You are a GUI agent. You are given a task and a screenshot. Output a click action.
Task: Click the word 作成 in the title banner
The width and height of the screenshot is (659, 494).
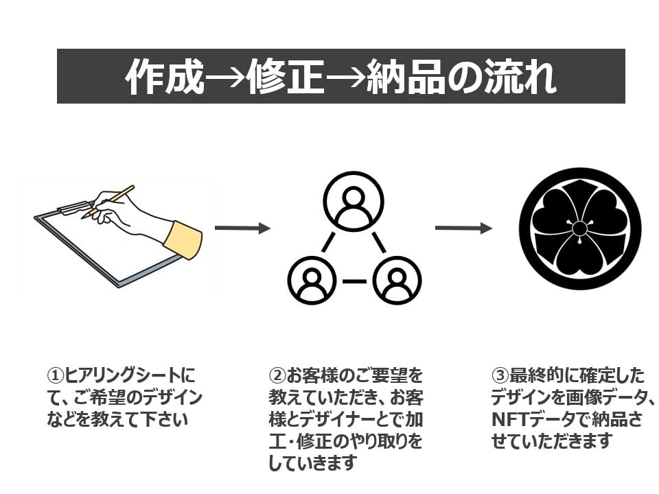pyautogui.click(x=164, y=77)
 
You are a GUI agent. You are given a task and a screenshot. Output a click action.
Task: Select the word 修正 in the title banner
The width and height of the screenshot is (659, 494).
pyautogui.click(x=286, y=77)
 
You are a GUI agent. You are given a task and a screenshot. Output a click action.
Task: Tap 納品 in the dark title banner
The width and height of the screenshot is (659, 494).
pyautogui.click(x=406, y=77)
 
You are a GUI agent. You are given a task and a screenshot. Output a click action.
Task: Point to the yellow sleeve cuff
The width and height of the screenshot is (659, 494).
pyautogui.click(x=183, y=240)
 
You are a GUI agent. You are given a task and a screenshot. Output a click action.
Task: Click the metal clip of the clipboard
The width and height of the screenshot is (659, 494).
pyautogui.click(x=76, y=207)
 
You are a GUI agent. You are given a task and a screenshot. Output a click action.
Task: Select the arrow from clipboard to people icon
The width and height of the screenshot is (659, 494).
pyautogui.click(x=243, y=228)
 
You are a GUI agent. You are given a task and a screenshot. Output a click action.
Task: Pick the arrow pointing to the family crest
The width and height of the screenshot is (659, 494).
pyautogui.click(x=463, y=228)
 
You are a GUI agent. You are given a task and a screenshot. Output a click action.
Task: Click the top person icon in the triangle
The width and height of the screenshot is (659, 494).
pyautogui.click(x=354, y=202)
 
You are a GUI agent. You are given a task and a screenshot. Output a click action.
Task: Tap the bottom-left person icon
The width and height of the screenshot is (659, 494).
pyautogui.click(x=312, y=280)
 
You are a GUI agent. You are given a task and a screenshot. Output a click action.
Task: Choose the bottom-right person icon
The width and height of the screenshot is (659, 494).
pyautogui.click(x=397, y=280)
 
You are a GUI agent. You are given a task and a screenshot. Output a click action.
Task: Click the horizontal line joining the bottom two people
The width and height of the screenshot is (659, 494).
pyautogui.click(x=354, y=281)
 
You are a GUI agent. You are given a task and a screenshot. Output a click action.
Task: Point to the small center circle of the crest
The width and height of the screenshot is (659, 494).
pyautogui.click(x=579, y=229)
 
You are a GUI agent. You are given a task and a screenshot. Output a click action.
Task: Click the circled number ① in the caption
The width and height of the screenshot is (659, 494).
pyautogui.click(x=55, y=375)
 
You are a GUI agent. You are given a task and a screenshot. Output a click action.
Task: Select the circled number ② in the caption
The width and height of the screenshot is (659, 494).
pyautogui.click(x=277, y=375)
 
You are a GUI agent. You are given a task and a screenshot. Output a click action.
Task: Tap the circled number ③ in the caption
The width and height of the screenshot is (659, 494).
pyautogui.click(x=500, y=375)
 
